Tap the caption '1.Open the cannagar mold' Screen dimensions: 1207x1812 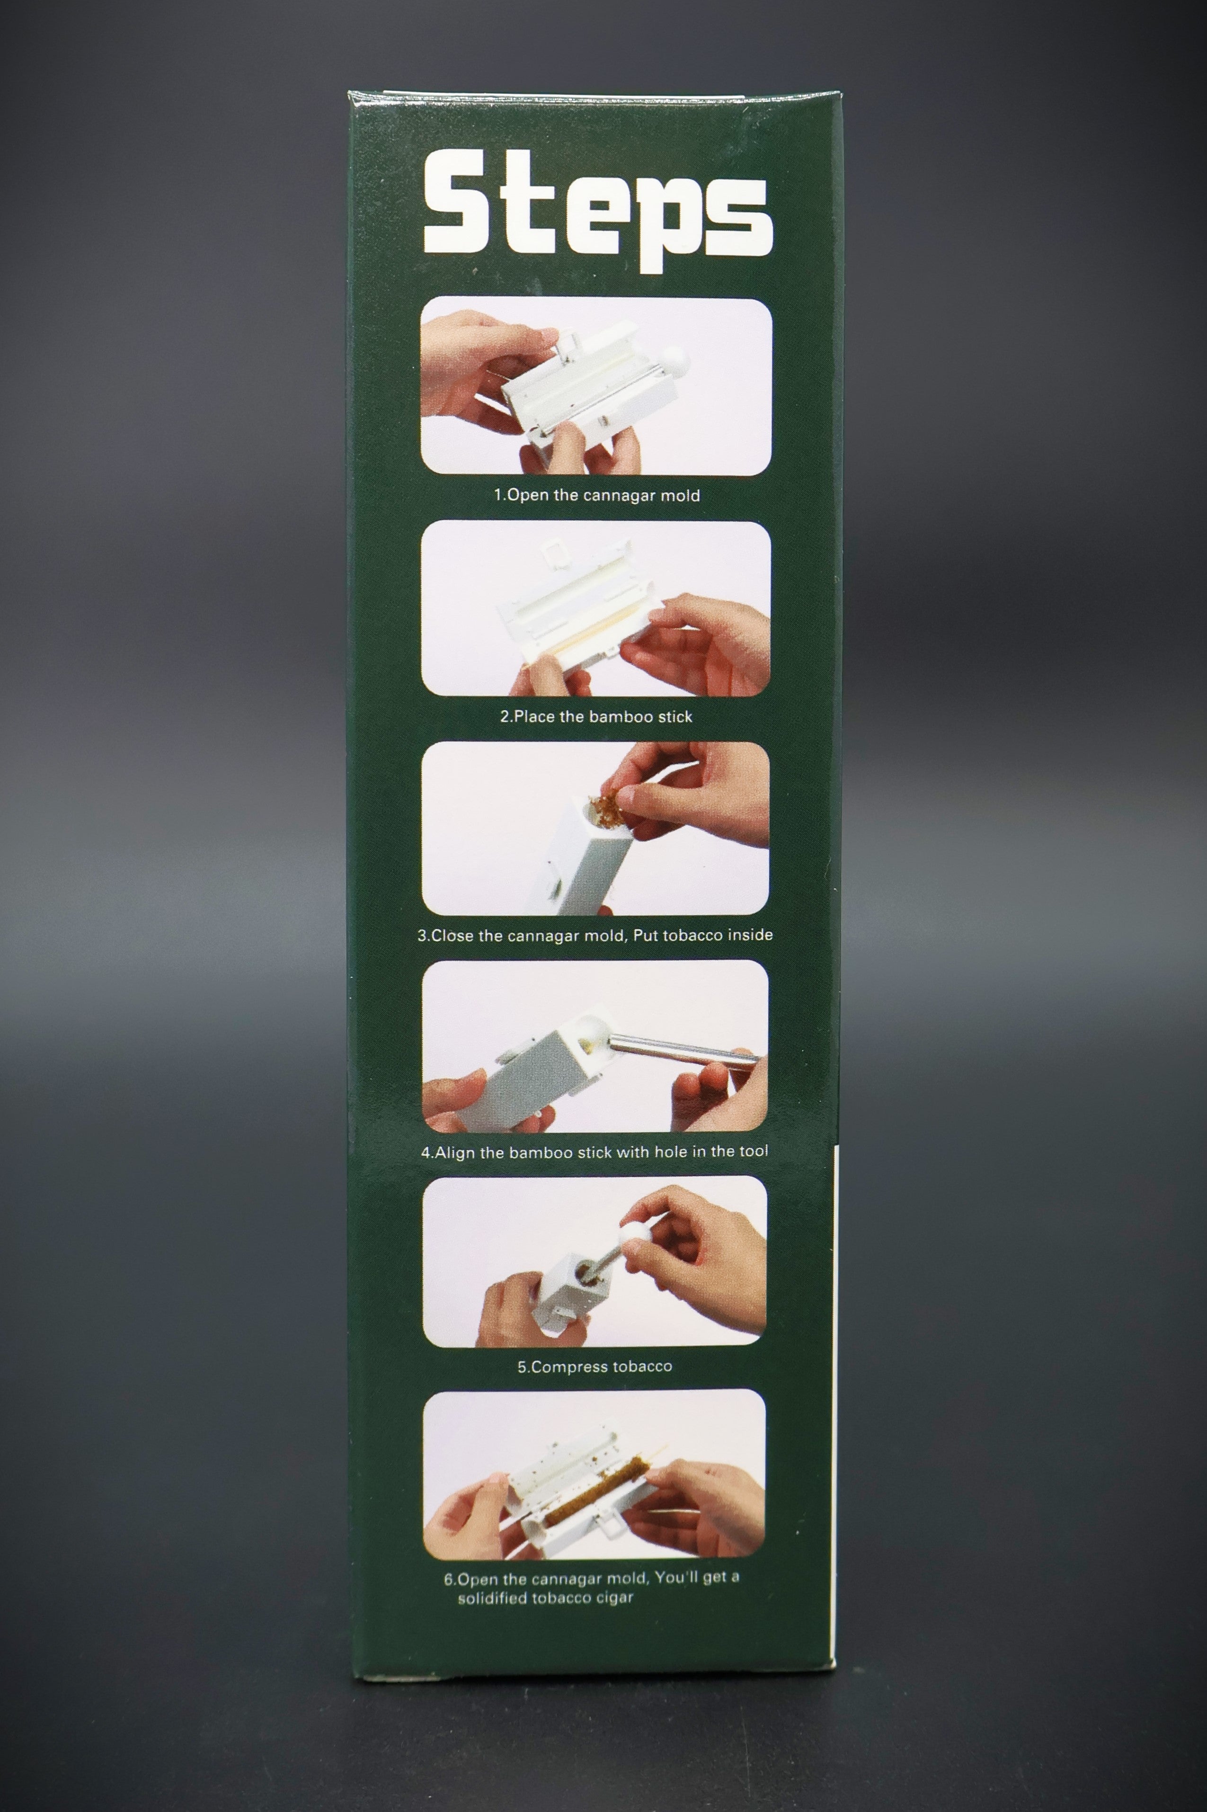click(x=596, y=495)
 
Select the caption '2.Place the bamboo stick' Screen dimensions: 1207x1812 click(x=596, y=716)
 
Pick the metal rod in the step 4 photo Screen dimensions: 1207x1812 click(x=677, y=1048)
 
